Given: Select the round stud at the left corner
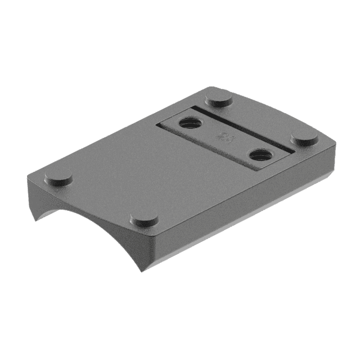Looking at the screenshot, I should (58, 178).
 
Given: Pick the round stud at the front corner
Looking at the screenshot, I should (144, 219).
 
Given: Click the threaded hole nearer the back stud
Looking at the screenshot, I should (188, 122).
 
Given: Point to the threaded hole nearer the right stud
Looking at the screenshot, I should (260, 154).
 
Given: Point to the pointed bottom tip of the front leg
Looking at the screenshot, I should (141, 270).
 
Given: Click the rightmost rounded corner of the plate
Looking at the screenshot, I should (332, 145).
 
